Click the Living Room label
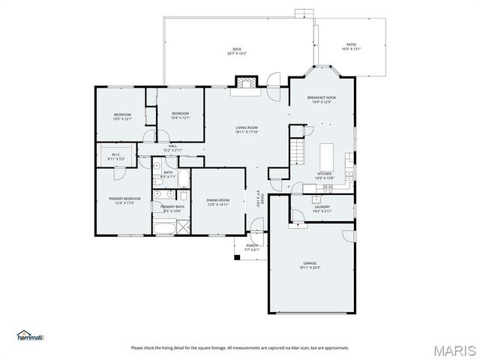click(x=247, y=128)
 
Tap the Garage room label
click(x=310, y=263)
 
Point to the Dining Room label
click(x=217, y=199)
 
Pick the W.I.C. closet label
click(x=116, y=154)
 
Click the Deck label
click(x=236, y=50)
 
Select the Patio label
click(x=351, y=45)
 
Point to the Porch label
click(x=252, y=245)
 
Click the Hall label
click(x=172, y=146)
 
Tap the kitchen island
click(x=327, y=156)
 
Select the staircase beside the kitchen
click(x=298, y=151)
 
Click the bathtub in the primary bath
click(x=166, y=227)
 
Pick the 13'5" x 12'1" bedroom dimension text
click(x=122, y=118)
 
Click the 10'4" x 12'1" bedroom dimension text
click(x=180, y=118)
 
